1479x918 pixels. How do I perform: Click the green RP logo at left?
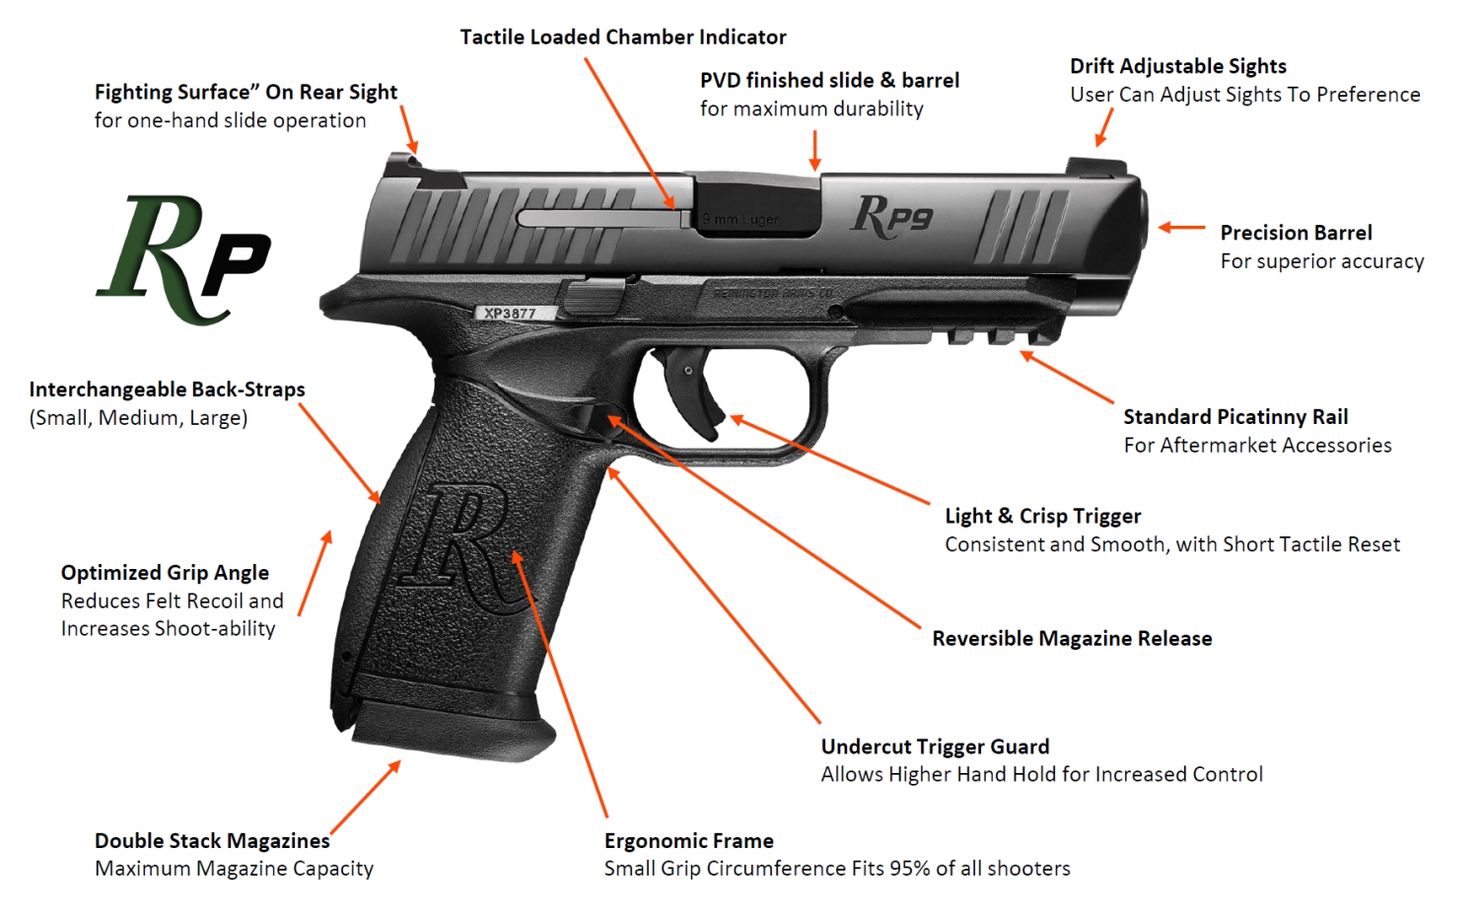pos(184,259)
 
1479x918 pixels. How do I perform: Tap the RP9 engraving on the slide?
pos(892,216)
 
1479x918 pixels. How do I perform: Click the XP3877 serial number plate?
pos(510,314)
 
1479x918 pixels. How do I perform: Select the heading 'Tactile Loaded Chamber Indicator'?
pos(623,37)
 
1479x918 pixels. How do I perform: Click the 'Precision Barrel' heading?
pos(1296,233)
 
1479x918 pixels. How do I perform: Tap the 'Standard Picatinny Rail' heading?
pos(1235,417)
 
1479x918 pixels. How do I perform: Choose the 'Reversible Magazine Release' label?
pos(1072,639)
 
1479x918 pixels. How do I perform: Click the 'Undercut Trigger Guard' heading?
pos(935,746)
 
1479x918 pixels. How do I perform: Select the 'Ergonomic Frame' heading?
pos(688,841)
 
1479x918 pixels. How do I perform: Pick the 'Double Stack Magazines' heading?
pos(212,841)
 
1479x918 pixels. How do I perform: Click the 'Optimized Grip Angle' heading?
pos(165,573)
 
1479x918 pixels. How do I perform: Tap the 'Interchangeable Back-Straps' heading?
pos(167,389)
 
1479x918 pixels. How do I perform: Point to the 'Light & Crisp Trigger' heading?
pos(1042,516)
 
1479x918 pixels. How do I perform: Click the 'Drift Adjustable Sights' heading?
pos(1177,66)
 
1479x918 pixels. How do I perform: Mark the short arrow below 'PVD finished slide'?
pos(814,149)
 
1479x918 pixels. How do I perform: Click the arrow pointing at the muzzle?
pos(1181,228)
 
